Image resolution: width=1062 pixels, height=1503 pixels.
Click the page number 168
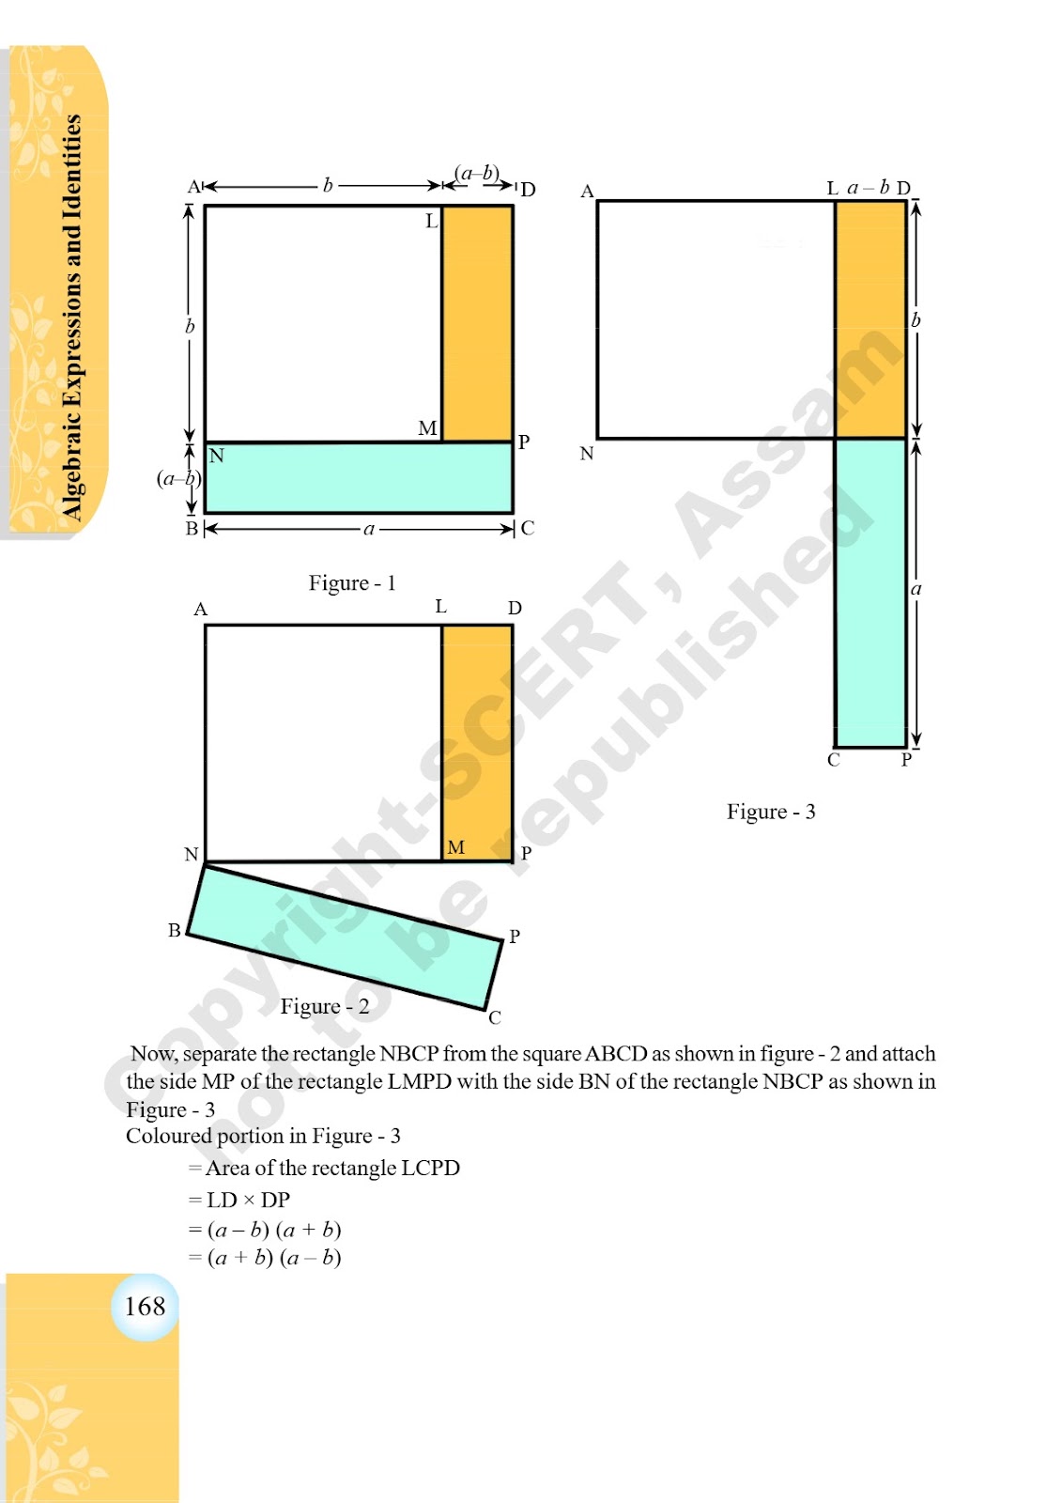coord(145,1307)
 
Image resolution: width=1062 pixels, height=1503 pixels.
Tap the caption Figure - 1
coord(352,582)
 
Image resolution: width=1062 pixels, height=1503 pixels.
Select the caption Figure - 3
coord(771,812)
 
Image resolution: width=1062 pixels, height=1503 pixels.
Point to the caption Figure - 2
coord(325,1006)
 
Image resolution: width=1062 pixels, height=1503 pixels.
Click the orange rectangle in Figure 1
coord(478,323)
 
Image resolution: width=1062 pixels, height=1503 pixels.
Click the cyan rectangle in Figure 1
coord(359,478)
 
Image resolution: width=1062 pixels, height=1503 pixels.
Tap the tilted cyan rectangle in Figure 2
coord(345,937)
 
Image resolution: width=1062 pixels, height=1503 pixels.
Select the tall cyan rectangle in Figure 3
coord(870,593)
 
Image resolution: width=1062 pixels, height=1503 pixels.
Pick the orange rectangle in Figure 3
coord(870,319)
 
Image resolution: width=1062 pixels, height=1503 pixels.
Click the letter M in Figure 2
coord(455,847)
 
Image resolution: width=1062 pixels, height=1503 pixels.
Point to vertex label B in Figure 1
coord(192,529)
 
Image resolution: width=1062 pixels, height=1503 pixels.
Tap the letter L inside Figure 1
coord(432,221)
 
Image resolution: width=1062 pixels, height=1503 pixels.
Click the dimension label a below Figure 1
coord(368,530)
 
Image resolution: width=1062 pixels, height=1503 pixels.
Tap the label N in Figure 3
coord(587,454)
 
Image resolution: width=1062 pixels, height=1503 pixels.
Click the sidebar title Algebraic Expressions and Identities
coord(71,318)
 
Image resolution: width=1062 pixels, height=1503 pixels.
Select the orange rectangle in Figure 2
coord(478,743)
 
